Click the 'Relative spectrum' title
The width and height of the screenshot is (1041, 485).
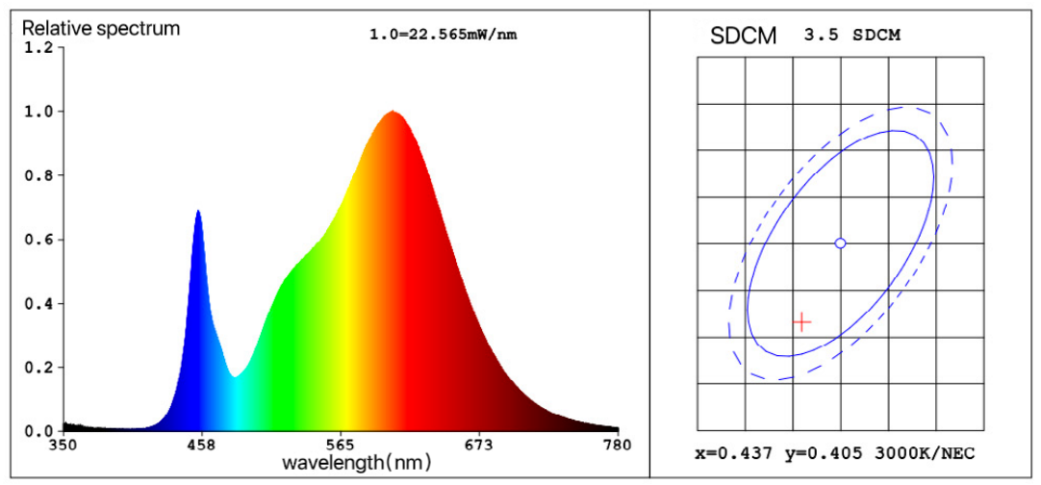[x=101, y=28]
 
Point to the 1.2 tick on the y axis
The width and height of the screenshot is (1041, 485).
[x=37, y=48]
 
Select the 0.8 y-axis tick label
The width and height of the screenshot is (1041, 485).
[x=37, y=175]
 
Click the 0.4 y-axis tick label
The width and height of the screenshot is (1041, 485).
[x=37, y=303]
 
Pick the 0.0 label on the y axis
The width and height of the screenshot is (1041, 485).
[x=37, y=430]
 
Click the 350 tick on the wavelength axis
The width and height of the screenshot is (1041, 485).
[x=63, y=445]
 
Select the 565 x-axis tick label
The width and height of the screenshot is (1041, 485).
[x=340, y=445]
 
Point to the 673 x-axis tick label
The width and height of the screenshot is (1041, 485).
[x=478, y=445]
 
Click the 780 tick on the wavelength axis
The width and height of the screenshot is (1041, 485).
[x=617, y=445]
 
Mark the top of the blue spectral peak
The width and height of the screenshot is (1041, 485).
[x=198, y=211]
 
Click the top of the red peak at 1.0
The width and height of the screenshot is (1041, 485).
[x=393, y=112]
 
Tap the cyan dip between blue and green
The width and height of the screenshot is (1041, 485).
[x=234, y=375]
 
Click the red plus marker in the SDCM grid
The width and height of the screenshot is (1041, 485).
[x=801, y=321]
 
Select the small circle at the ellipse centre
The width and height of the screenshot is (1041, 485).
[x=840, y=243]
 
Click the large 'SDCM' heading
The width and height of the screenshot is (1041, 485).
[x=742, y=36]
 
